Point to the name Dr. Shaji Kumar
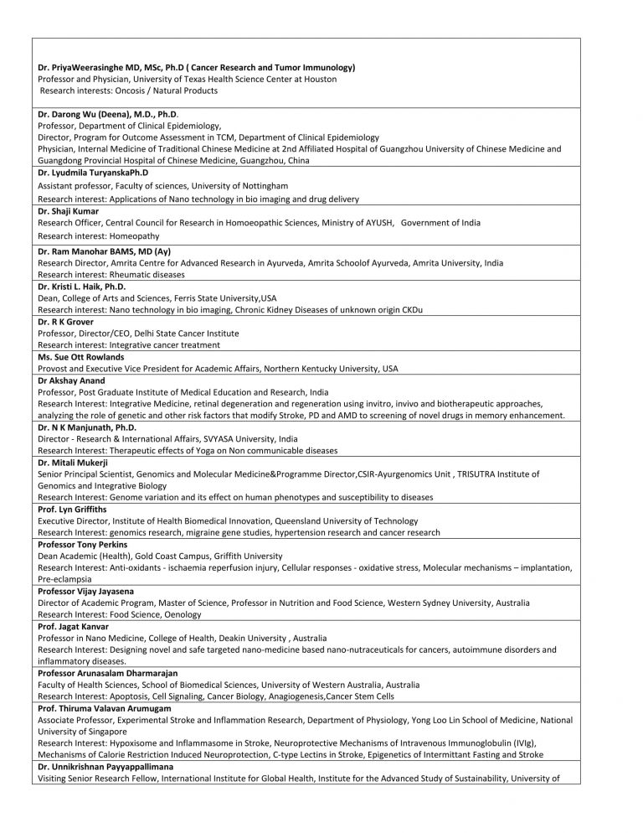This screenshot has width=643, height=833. (69, 211)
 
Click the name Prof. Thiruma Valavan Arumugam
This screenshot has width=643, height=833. (107, 708)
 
